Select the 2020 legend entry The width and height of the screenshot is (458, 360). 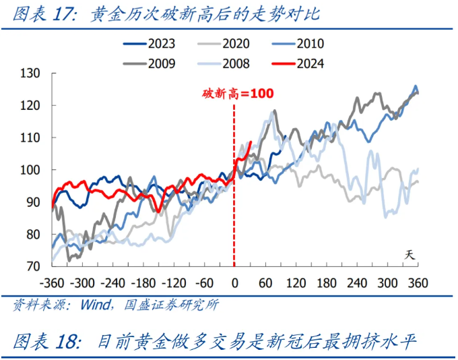[x=224, y=44]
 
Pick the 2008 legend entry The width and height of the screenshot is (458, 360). [x=224, y=64]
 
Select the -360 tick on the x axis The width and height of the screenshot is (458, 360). [x=52, y=282]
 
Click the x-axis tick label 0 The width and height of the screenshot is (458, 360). [x=234, y=282]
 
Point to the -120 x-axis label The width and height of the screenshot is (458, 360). [x=174, y=282]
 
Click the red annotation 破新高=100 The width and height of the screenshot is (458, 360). [x=238, y=94]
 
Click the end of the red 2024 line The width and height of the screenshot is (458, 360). [x=251, y=142]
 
